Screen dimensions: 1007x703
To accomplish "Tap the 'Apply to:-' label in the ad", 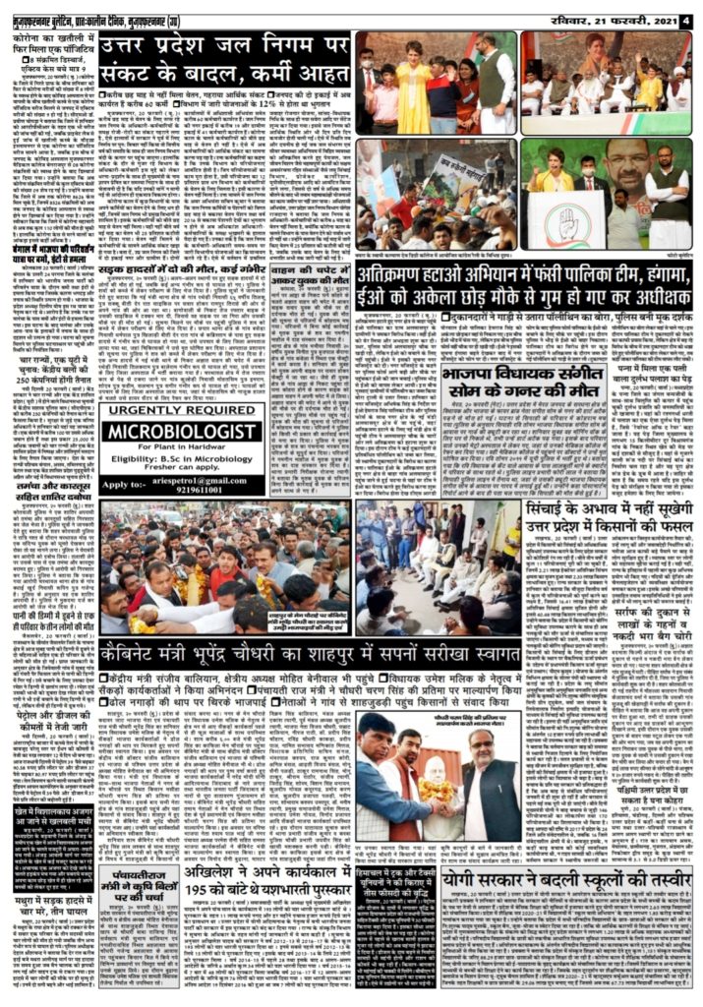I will point(124,485).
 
